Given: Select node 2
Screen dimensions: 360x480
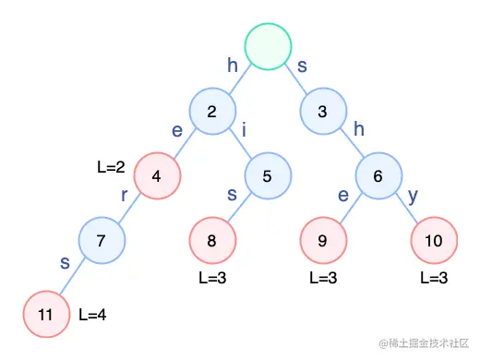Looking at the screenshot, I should point(212,113).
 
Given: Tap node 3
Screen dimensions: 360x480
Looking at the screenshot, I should point(322,113).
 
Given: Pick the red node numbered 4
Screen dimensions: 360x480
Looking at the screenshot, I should point(157,175).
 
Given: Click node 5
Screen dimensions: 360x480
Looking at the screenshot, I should point(267,175).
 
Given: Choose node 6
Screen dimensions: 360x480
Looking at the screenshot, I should point(378,175).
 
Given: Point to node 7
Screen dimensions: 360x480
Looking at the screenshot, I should point(102,240).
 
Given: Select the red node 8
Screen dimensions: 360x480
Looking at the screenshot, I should point(211,240).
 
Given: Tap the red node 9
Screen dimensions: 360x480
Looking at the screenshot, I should point(322,240).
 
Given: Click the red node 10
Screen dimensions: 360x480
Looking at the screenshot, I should point(433,240).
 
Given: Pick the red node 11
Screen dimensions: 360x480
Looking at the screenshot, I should point(46,313).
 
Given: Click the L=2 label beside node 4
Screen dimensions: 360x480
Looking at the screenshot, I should point(110,167).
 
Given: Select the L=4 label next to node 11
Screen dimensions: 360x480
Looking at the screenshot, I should point(91,314).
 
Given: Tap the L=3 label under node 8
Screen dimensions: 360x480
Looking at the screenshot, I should point(212,277).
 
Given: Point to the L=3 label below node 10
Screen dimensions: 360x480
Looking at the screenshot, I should point(433,277).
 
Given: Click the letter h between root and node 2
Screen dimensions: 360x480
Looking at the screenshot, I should point(233,65).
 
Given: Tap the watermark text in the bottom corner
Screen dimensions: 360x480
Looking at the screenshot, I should point(419,343).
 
